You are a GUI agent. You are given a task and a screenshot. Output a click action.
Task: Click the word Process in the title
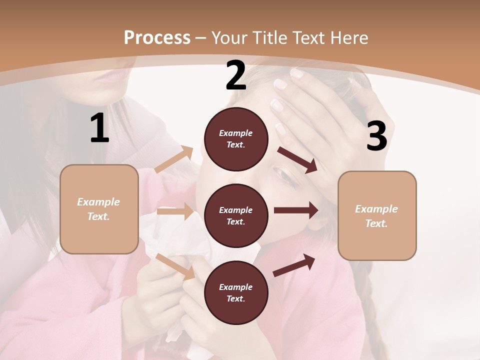pos(157,37)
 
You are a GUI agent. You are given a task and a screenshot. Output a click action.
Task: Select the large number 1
pos(99,128)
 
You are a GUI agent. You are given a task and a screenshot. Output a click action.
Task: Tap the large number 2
pos(236,75)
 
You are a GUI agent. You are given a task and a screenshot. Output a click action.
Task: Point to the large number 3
pos(376,136)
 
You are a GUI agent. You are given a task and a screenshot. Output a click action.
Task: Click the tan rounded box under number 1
pos(99,209)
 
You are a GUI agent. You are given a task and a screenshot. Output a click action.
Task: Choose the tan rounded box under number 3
pos(377,215)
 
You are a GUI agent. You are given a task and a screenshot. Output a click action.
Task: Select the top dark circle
pos(236,139)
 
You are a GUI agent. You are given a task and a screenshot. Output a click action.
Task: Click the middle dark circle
pos(236,215)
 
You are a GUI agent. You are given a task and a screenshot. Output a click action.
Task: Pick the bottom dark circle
pos(236,292)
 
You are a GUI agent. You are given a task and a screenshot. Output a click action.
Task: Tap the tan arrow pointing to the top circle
pos(174,159)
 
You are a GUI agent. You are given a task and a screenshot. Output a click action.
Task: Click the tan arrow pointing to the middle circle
pos(175,211)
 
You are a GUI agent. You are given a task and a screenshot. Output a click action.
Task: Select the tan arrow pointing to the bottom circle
pos(175,266)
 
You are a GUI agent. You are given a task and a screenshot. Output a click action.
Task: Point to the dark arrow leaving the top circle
pos(297,159)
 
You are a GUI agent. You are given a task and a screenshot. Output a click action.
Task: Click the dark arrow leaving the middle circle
pos(296,210)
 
